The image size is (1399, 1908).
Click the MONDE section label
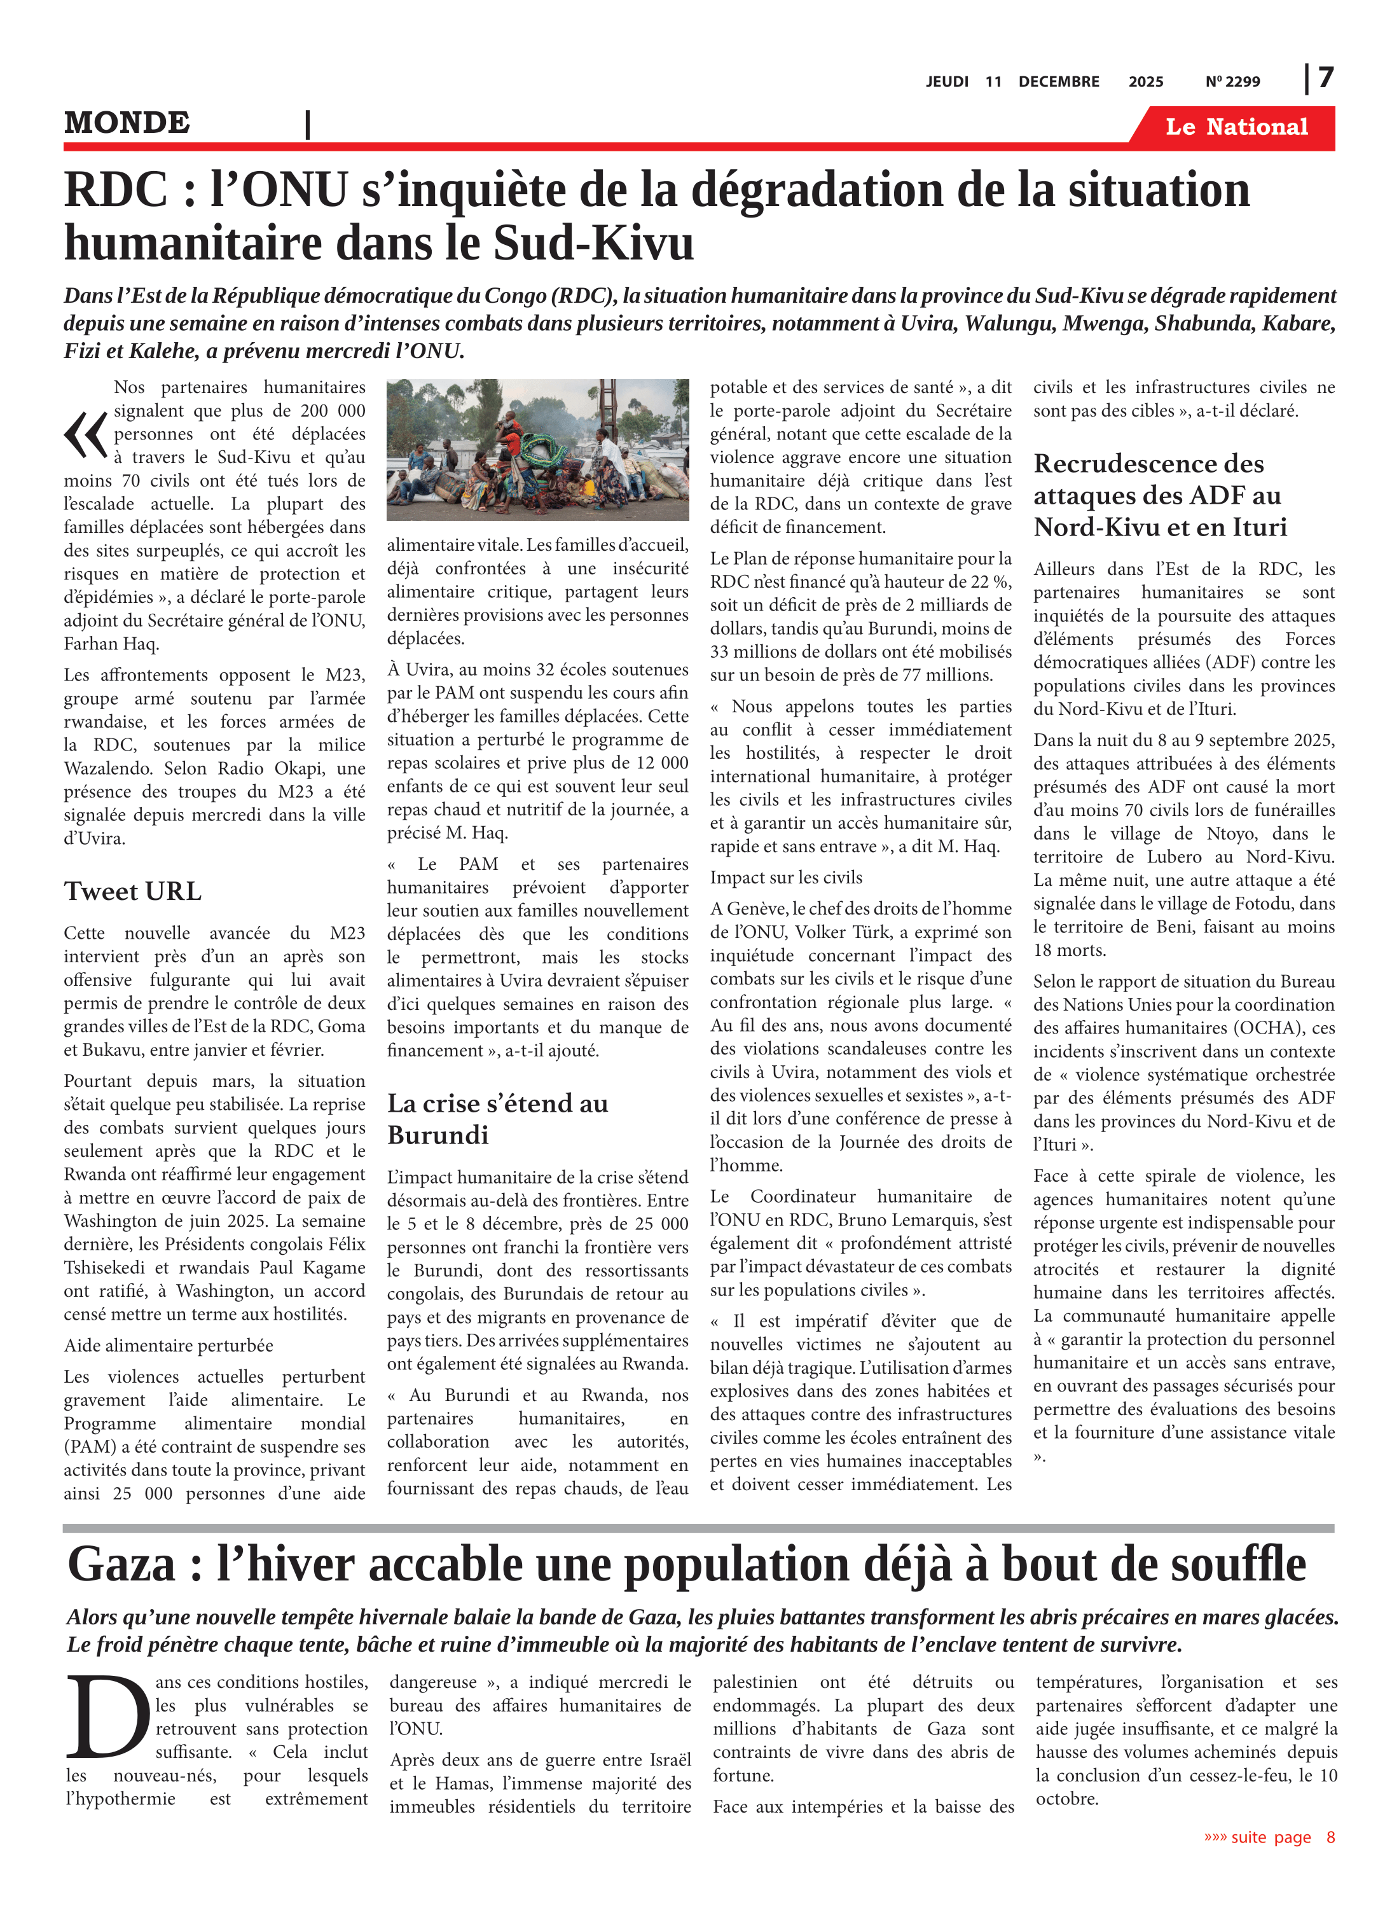point(127,123)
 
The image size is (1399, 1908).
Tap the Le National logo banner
point(1236,127)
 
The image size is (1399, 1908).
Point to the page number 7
point(1325,78)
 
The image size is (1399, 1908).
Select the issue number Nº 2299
point(1232,82)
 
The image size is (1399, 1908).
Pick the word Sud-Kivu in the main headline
point(593,244)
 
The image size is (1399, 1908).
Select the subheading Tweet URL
point(133,892)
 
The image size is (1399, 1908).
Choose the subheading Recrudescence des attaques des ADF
point(1159,495)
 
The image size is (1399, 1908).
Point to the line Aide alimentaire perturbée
point(169,1346)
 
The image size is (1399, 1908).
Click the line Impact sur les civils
point(786,877)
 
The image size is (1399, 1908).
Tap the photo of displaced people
point(538,450)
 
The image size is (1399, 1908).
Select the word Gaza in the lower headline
point(122,1564)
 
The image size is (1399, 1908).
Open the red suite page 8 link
point(1269,1837)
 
